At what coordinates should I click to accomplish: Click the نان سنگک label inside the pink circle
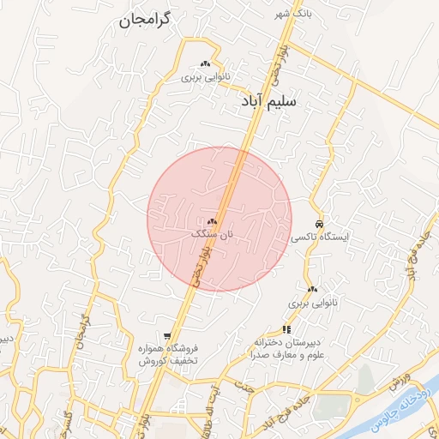coord(212,233)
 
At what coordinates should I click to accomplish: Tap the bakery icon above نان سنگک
coord(212,221)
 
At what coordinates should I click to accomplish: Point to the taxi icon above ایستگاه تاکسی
coord(319,223)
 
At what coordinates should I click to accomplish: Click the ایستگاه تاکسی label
coord(320,236)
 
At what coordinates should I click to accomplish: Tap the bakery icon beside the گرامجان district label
coord(205,64)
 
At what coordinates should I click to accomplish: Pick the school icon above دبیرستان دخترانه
coord(286,328)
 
